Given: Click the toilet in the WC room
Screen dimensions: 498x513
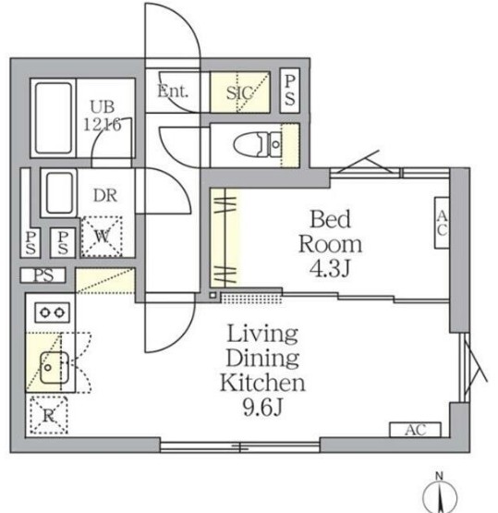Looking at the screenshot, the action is [257, 144].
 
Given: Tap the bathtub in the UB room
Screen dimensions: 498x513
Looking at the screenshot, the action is [54, 118].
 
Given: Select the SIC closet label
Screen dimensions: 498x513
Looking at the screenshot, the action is [239, 92].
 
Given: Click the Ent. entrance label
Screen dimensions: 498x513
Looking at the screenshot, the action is [173, 91].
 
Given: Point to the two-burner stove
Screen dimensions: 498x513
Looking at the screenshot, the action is [52, 312].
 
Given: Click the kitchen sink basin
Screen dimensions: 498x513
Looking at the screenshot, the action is [54, 367].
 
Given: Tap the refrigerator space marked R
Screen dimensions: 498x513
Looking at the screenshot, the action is [49, 416].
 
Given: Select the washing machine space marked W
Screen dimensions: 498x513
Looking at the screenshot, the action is [102, 237].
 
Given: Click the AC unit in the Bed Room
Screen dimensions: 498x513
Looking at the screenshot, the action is [442, 223].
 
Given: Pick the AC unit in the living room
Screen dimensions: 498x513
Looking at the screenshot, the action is [415, 430].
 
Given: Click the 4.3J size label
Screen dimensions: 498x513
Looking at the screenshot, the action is [330, 269].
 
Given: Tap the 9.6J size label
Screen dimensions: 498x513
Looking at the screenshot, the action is [262, 408].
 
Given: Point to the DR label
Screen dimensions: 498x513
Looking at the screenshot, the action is [105, 195].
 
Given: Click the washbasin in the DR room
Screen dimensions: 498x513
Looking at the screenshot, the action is [59, 193].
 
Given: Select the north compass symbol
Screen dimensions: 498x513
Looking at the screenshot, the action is [440, 493].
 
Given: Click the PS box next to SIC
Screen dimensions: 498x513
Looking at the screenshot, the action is [290, 91].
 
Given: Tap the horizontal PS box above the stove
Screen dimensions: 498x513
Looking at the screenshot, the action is [43, 275].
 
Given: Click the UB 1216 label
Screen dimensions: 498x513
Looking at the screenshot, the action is [103, 116].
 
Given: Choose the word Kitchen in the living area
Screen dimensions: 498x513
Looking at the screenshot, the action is [262, 383].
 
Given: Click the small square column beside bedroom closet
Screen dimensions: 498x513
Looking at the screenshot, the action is [213, 295].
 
